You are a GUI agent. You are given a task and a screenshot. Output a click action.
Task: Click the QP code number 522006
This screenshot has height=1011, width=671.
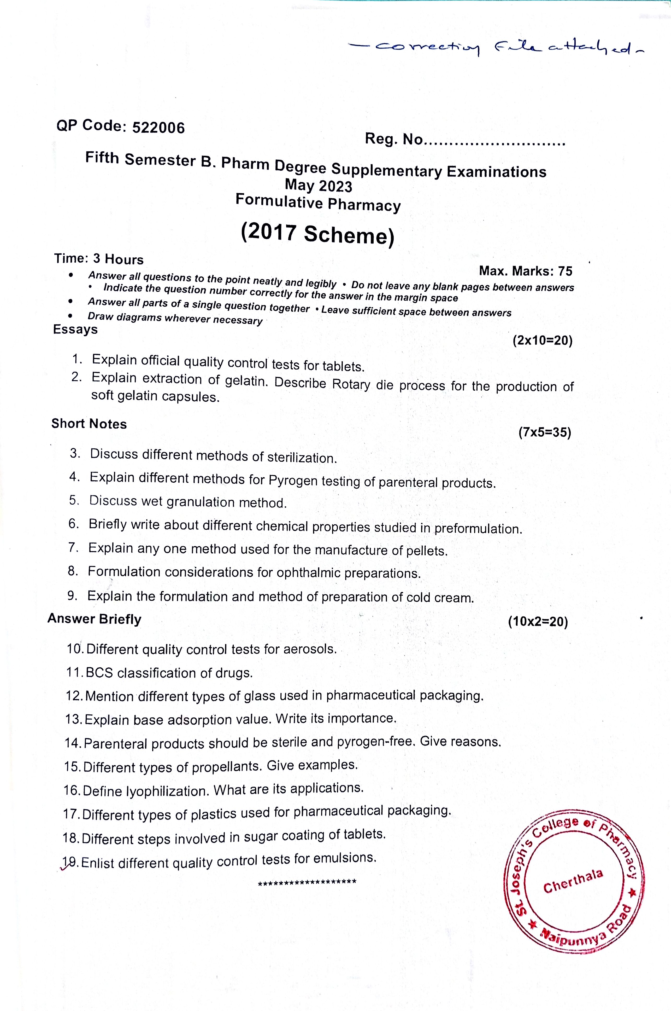click(158, 128)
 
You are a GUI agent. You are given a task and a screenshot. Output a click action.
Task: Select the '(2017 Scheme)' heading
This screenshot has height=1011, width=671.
click(317, 234)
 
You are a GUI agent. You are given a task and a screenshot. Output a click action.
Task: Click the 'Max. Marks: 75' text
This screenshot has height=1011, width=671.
click(526, 271)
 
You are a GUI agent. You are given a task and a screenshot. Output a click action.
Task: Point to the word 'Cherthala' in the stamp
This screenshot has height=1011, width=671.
click(573, 881)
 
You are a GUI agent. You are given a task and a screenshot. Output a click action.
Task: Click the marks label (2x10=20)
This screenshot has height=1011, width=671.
click(542, 340)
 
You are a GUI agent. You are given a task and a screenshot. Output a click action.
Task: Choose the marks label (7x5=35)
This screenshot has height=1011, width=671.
click(544, 432)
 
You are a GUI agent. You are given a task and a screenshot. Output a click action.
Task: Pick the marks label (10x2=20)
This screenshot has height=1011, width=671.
click(538, 621)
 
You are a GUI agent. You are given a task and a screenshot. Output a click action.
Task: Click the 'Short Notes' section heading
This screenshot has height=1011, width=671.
click(89, 424)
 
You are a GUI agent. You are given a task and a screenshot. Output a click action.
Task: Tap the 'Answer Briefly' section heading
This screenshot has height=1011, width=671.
click(94, 619)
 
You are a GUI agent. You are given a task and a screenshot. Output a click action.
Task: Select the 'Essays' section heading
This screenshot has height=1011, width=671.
click(75, 329)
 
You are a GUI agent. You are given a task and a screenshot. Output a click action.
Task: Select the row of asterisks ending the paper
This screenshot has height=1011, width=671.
click(307, 882)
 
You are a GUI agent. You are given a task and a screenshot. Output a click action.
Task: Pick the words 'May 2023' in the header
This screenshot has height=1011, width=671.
click(318, 186)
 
